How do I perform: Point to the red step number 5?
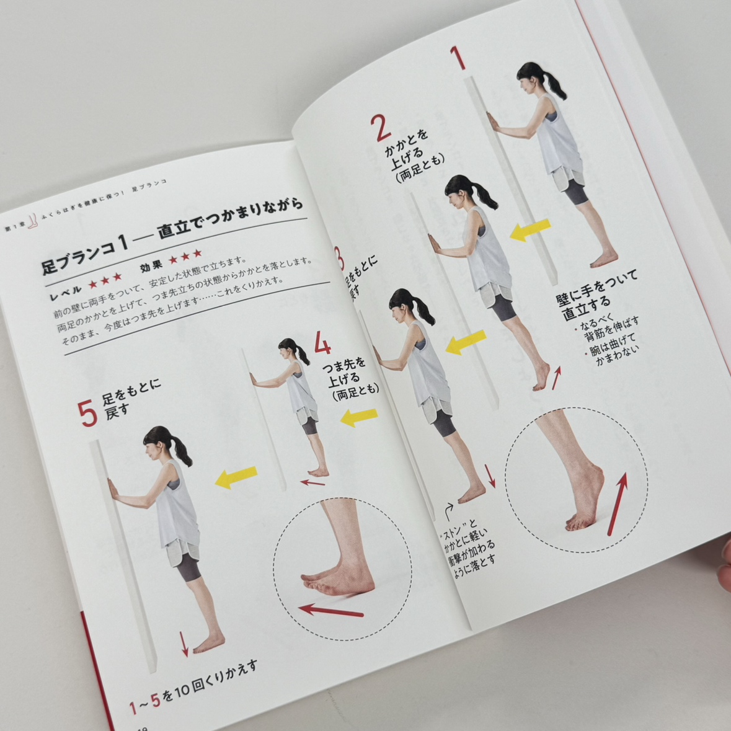coord(88,413)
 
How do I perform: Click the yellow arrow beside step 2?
coord(529,231)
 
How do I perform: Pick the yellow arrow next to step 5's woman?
coord(236,477)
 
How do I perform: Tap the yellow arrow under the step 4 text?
coord(359,417)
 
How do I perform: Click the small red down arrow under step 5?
coord(184,644)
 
